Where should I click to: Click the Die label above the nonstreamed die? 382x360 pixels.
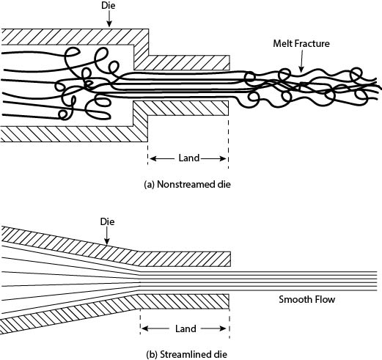(109, 5)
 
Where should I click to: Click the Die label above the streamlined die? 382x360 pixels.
(107, 221)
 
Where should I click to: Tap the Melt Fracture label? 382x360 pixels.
(301, 43)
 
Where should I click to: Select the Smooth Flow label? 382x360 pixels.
(306, 299)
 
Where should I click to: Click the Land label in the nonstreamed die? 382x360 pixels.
(189, 158)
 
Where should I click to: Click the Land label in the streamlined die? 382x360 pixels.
(186, 328)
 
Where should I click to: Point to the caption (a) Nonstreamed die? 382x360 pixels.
(188, 184)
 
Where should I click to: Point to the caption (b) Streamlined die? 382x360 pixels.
(186, 354)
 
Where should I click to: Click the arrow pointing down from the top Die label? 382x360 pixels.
(109, 18)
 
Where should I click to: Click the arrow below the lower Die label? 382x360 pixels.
(107, 236)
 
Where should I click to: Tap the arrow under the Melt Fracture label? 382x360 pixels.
(301, 61)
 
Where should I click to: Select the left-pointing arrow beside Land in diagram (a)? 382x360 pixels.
(162, 158)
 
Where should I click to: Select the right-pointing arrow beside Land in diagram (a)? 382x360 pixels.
(213, 158)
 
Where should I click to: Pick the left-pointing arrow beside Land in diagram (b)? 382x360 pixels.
(155, 328)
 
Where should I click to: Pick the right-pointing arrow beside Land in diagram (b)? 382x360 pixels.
(213, 328)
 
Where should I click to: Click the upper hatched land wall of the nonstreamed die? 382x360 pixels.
(188, 62)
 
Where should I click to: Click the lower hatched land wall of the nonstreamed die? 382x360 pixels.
(188, 109)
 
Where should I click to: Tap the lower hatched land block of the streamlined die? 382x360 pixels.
(184, 301)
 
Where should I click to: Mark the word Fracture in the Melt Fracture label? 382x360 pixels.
(312, 43)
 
